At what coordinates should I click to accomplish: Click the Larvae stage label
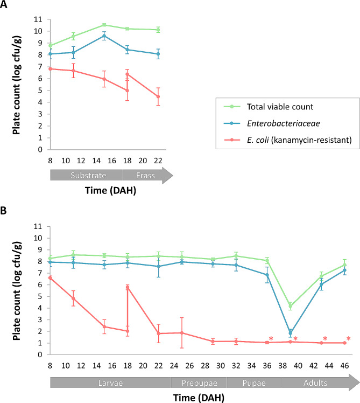pos(108,382)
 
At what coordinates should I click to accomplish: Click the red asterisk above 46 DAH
pos(348,339)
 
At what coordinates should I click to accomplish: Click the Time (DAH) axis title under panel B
pos(194,397)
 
